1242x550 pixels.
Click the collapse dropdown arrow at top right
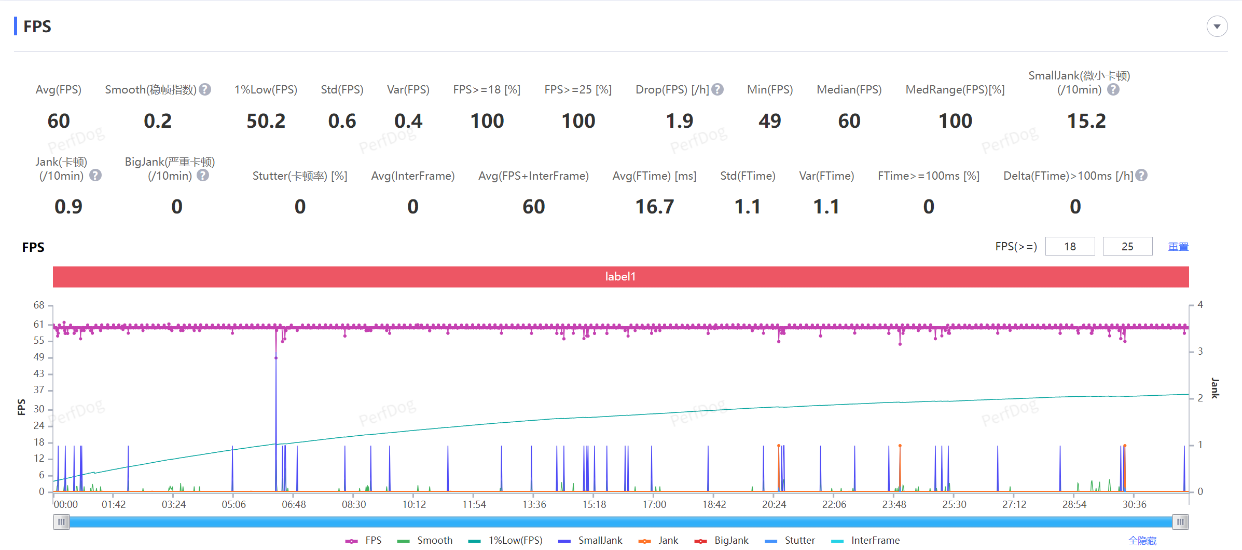coord(1217,26)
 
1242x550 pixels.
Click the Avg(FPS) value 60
coord(59,121)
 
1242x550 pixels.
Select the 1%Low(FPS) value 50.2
coord(266,121)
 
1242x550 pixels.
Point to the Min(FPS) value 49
coord(770,121)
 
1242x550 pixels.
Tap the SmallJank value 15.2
coord(1086,121)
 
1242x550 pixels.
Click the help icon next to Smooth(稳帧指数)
coord(205,89)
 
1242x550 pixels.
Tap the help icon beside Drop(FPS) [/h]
coord(717,89)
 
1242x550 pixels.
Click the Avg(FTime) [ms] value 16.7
coord(655,207)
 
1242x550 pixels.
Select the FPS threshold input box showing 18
coord(1070,246)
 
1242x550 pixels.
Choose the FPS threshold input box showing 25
coord(1127,246)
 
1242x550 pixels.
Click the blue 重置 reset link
coord(1178,247)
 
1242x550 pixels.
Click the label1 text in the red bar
coord(620,276)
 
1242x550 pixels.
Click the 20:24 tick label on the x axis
coord(774,504)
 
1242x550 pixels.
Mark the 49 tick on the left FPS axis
coord(39,357)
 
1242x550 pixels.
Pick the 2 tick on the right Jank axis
coord(1200,398)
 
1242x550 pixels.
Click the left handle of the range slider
coord(61,521)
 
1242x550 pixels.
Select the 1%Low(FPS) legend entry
coord(505,541)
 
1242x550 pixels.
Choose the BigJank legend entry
coord(722,541)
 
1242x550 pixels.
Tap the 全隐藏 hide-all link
coord(1142,541)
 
